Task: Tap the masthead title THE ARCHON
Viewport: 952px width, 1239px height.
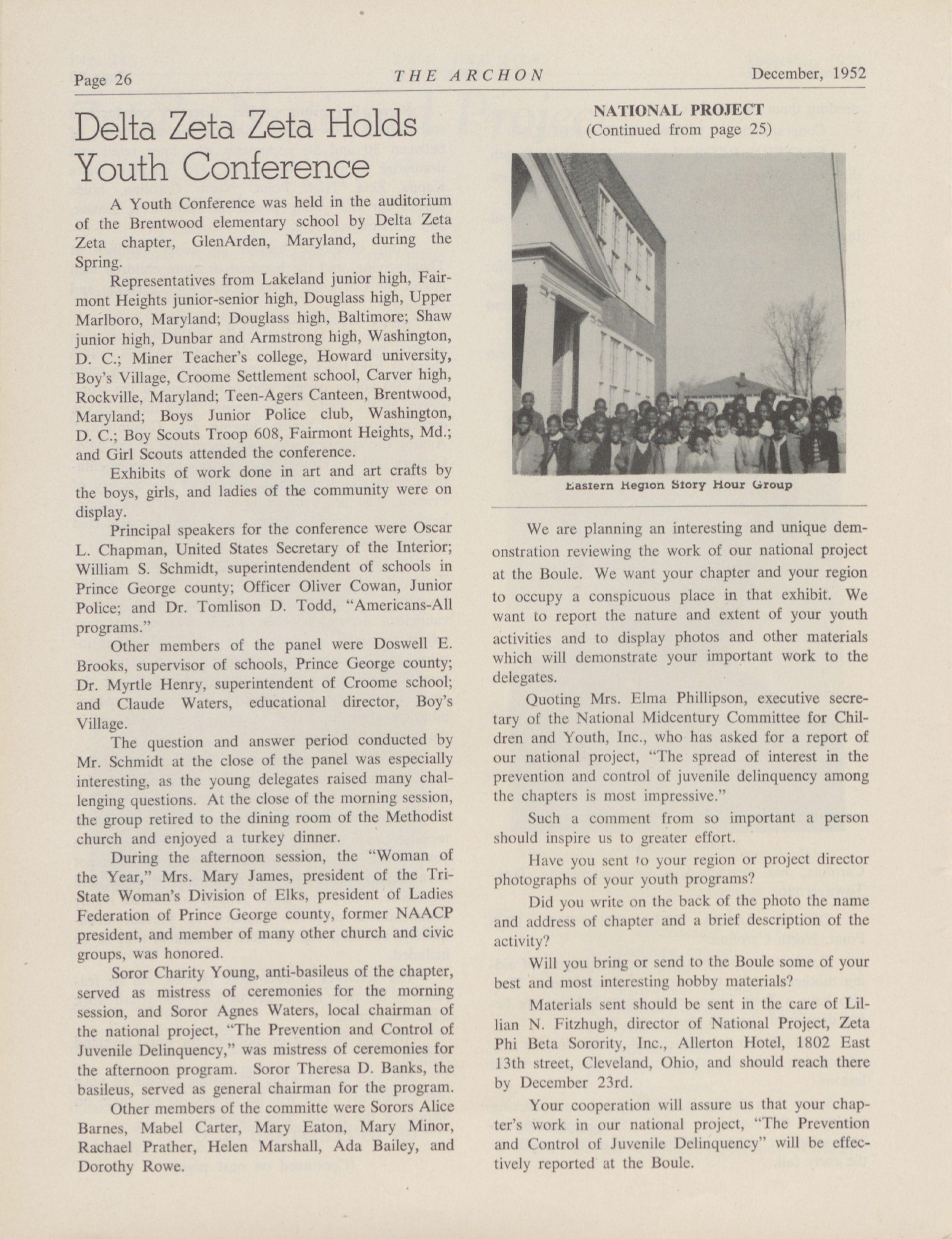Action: (469, 76)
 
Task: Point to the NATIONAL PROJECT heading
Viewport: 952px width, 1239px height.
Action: (678, 109)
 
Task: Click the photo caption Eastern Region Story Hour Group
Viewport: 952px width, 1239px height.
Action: (678, 485)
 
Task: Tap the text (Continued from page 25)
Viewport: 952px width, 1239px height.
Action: (678, 130)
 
